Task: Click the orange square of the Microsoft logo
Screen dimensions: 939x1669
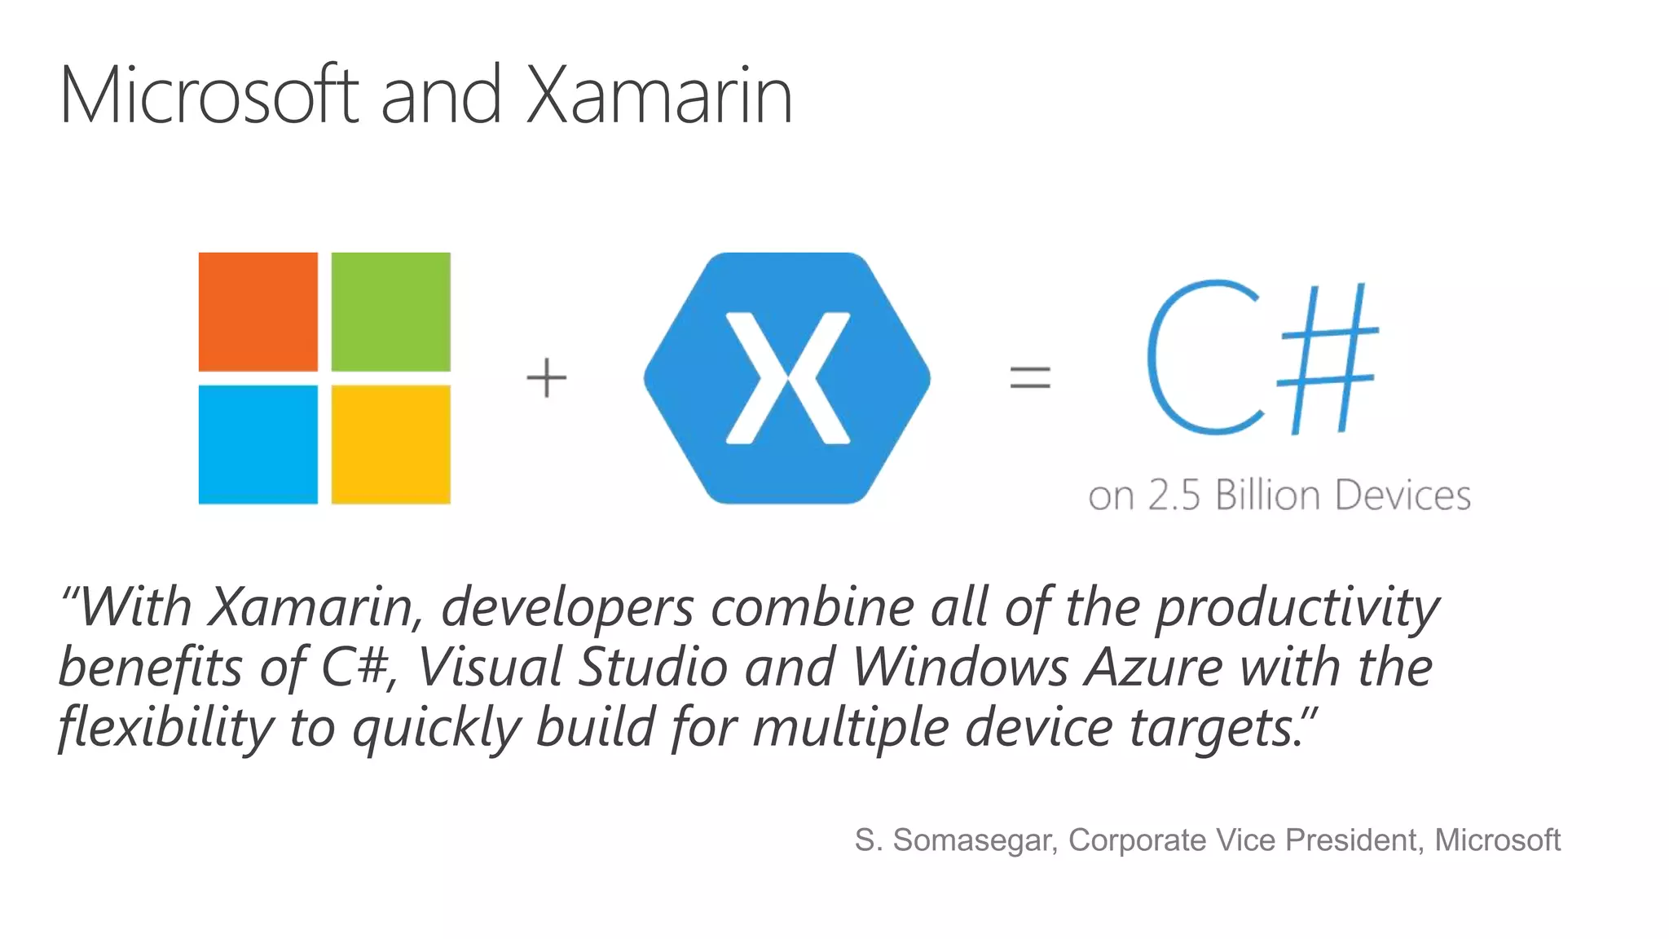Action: coord(258,311)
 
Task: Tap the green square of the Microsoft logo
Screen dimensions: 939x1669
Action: coord(390,311)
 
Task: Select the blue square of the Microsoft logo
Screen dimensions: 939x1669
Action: coord(258,444)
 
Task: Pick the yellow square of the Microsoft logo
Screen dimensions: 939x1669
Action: coord(390,444)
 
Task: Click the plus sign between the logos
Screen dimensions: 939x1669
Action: coord(546,378)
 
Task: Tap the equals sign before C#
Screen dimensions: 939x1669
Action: coord(1030,377)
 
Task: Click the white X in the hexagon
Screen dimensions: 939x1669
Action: coord(787,378)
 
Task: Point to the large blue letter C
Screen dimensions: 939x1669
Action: coord(1202,359)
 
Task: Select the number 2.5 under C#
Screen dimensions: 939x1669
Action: coord(1174,496)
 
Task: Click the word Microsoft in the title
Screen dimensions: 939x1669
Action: coord(209,95)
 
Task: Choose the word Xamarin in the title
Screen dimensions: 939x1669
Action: coord(658,95)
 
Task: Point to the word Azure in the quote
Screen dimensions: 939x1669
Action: coord(1153,668)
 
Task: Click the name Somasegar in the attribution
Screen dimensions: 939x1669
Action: coord(975,840)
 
